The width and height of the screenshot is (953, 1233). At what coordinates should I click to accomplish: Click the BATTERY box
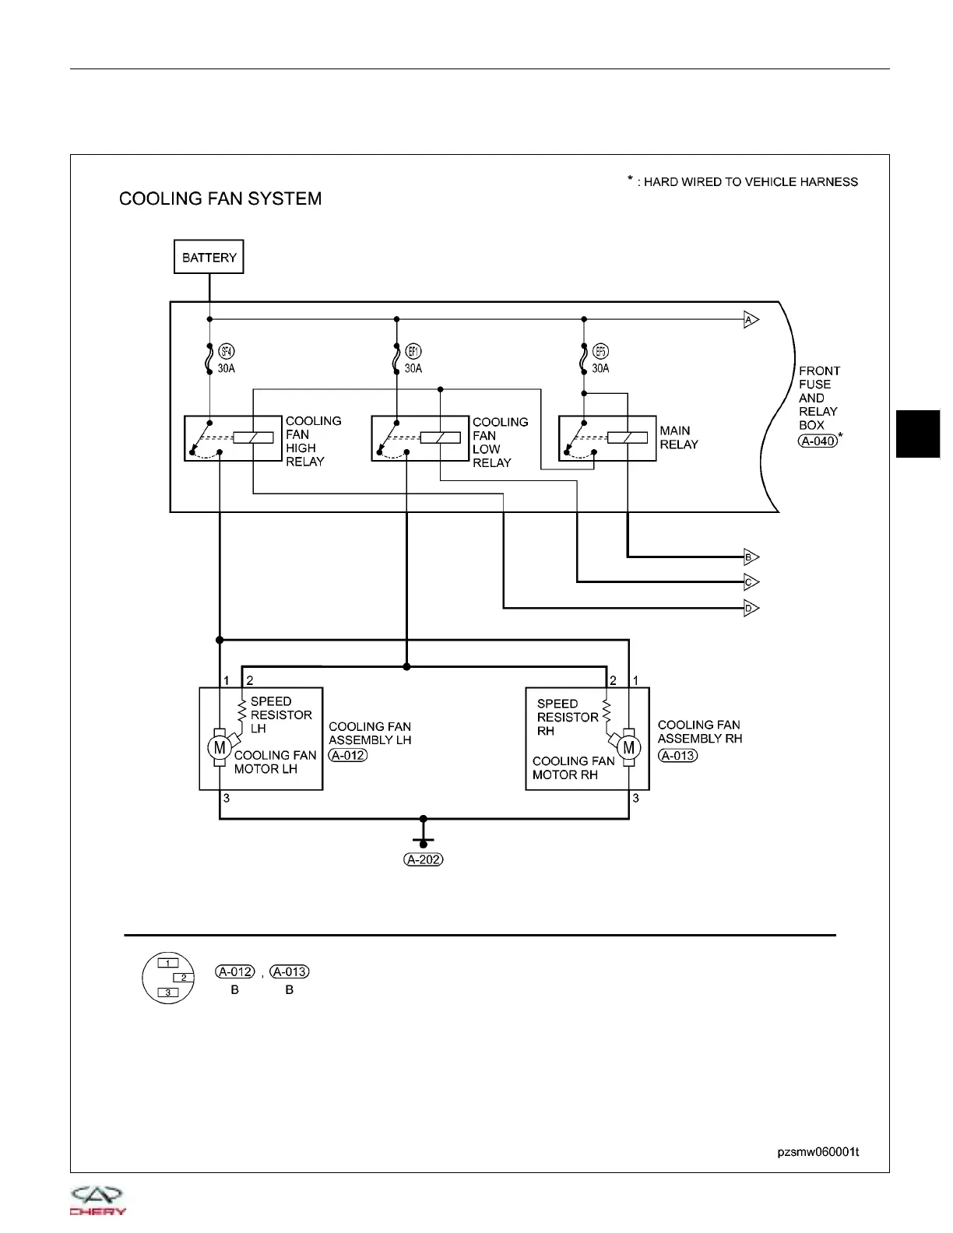209,257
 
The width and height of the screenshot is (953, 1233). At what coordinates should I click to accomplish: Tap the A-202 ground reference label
424,860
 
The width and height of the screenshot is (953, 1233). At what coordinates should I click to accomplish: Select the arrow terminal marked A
750,320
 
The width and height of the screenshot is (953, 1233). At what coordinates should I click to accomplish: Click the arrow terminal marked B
750,557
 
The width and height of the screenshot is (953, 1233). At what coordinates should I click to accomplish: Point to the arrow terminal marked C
750,582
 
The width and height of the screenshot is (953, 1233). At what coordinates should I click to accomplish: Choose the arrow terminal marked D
750,609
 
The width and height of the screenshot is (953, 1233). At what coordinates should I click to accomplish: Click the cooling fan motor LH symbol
219,748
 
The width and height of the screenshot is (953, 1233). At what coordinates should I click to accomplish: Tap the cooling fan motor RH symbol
629,748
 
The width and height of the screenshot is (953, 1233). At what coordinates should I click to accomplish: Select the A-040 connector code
818,441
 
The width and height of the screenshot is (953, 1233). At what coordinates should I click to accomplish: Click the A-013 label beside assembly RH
677,755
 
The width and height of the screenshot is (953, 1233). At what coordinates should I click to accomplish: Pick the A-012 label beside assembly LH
347,755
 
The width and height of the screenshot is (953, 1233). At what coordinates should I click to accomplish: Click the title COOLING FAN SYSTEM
220,198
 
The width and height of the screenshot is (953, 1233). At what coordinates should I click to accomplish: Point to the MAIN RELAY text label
679,437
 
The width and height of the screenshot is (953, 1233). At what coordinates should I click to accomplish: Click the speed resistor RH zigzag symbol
607,711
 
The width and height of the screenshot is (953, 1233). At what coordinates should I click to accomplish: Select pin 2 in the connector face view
183,978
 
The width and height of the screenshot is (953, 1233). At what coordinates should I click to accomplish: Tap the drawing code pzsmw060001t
818,1152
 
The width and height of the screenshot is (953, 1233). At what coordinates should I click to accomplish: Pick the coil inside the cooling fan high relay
253,437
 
